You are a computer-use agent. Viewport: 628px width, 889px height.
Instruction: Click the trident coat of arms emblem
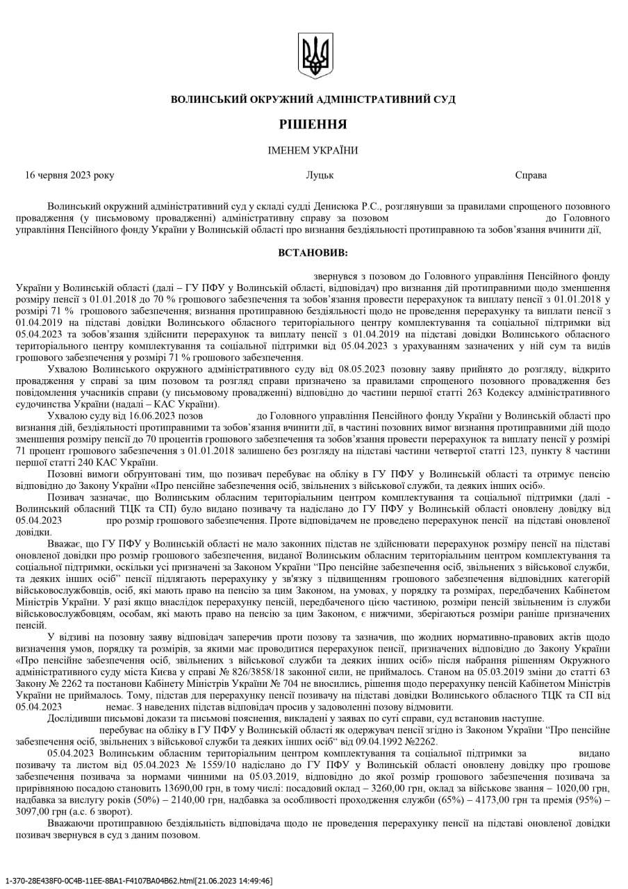tap(314, 55)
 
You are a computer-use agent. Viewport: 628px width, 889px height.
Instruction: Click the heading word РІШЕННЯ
tap(313, 124)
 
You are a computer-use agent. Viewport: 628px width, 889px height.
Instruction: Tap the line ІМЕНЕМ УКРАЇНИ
tap(313, 150)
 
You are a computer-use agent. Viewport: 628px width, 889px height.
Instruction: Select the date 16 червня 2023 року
tap(69, 175)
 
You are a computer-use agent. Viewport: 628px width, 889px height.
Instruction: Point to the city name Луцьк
tap(320, 175)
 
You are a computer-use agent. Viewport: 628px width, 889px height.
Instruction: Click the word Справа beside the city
tap(531, 175)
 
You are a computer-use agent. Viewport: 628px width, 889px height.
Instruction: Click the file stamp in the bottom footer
tap(138, 881)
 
